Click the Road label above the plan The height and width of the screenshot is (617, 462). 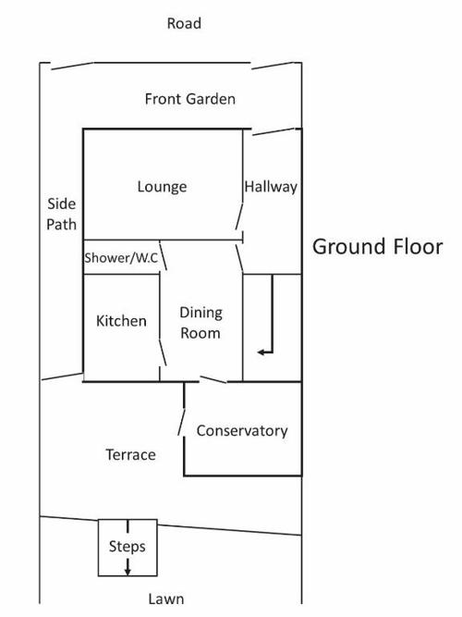pos(184,23)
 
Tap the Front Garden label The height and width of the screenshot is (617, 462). pos(190,99)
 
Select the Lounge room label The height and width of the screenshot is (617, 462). pos(162,187)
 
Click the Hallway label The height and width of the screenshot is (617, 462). pos(271,187)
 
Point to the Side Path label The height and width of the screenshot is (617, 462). pos(61,214)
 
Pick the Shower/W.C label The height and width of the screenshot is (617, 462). pos(121,258)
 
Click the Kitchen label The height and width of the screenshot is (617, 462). pos(121,321)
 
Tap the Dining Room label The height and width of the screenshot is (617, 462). pos(201,323)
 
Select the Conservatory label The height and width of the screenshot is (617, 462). pos(242,430)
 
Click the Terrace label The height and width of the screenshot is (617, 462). pos(131,455)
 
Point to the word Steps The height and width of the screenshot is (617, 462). pos(127,547)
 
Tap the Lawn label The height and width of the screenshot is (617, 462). pos(166,598)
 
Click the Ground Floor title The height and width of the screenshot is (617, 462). pos(378,247)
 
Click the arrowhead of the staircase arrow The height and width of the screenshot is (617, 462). pos(261,352)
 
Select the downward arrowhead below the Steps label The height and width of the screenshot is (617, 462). pos(128,572)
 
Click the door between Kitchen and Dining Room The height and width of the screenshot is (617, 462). pos(163,352)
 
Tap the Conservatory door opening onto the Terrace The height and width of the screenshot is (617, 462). pos(182,422)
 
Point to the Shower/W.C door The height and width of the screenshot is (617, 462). pos(164,255)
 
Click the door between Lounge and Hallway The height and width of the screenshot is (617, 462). pos(239,216)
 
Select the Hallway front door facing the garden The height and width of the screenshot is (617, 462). pos(274,131)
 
